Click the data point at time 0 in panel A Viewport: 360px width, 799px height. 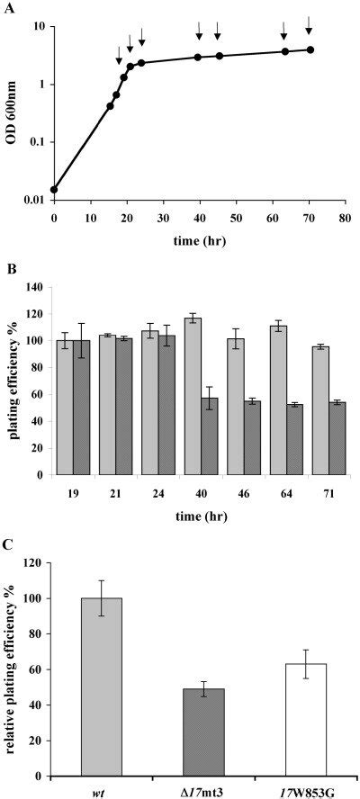(x=54, y=190)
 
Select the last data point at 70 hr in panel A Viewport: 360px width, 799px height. (x=310, y=49)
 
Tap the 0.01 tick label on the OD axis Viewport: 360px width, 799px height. (x=33, y=199)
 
